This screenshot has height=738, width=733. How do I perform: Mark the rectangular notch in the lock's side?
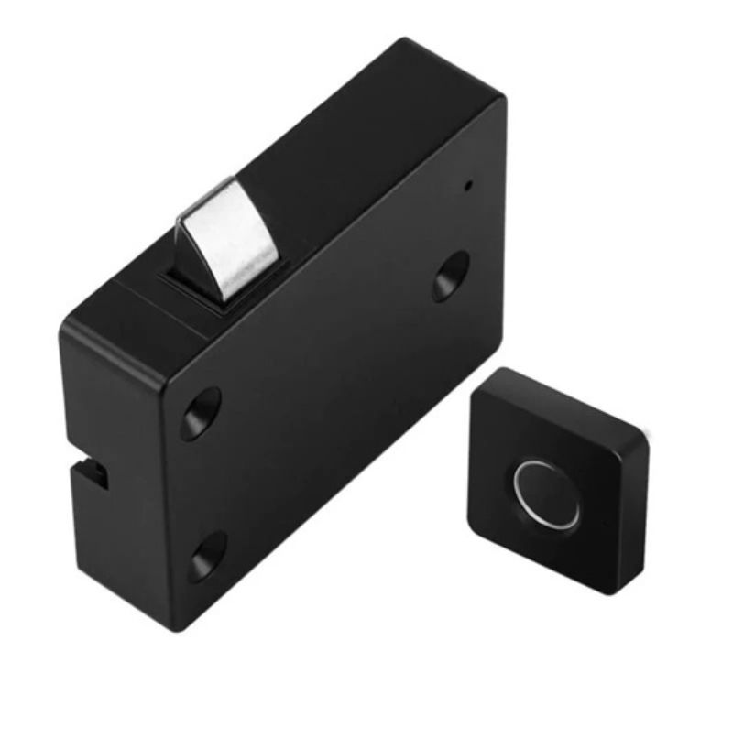click(x=92, y=474)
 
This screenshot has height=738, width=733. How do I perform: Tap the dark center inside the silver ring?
click(x=548, y=494)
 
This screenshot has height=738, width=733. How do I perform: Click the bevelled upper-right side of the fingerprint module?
click(x=577, y=398)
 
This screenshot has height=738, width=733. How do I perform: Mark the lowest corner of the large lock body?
click(x=174, y=630)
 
